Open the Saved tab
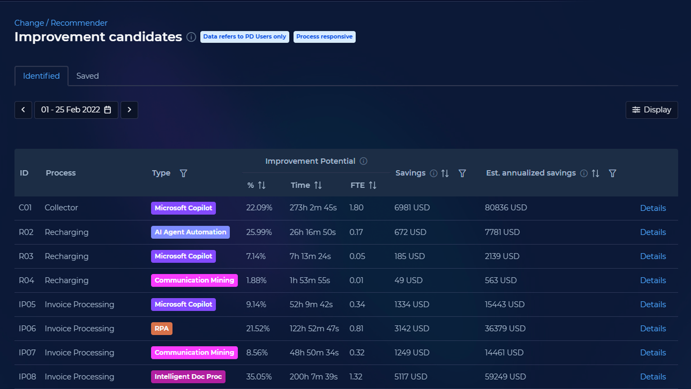tap(87, 76)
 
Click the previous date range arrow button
tap(23, 110)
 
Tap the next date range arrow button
tap(129, 110)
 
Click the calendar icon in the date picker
tap(107, 110)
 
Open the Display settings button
tap(651, 110)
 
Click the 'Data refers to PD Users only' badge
tap(245, 37)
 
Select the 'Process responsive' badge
tap(324, 37)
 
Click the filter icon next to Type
tap(183, 173)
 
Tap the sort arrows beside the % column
tap(262, 185)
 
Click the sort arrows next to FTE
tap(373, 185)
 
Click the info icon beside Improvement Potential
tap(363, 161)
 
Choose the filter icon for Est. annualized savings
tap(612, 173)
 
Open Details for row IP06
tap(653, 329)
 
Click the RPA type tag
tap(162, 329)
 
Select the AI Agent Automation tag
tap(190, 232)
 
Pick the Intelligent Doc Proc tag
tap(188, 377)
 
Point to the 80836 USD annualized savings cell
tap(506, 208)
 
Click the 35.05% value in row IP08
tap(259, 377)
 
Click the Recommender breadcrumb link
tap(79, 23)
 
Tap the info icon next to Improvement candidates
tap(191, 37)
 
